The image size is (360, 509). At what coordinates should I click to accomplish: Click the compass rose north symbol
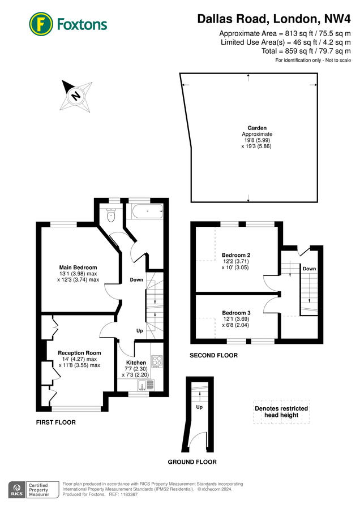75,96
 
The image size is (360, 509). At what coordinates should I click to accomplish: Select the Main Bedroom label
78,268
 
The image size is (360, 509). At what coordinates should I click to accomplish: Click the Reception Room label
79,353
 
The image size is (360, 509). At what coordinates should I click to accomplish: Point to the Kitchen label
136,363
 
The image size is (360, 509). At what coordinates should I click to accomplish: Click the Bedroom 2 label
236,255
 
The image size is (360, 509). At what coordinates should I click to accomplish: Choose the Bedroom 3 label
236,313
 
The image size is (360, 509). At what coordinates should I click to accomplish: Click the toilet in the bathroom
111,214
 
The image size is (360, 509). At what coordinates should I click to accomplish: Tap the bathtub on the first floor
147,213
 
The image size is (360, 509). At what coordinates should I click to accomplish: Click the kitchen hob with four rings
157,361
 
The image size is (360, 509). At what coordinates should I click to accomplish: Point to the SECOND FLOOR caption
214,356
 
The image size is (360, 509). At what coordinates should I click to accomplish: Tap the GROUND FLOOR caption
192,462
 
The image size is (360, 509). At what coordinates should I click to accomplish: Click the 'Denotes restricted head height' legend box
281,412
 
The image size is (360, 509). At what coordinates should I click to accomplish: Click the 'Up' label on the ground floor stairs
199,407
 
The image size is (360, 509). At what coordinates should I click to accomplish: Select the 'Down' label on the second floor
309,268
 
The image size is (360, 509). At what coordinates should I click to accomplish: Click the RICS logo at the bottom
16,489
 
